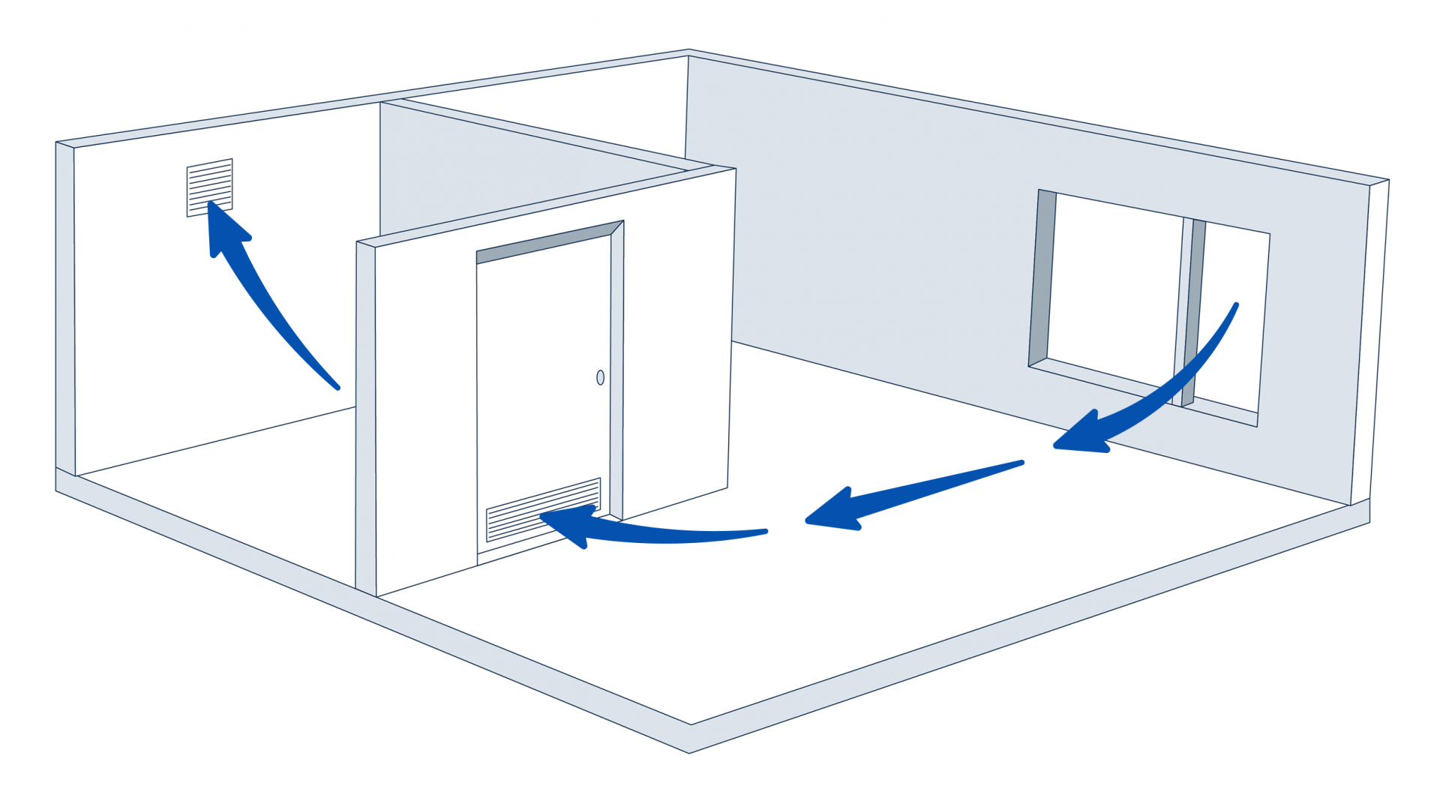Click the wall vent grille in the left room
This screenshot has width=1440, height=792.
tap(209, 187)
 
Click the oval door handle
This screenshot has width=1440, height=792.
tap(600, 377)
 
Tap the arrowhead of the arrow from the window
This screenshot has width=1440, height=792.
tap(1080, 436)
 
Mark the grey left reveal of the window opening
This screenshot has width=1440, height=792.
tap(1042, 277)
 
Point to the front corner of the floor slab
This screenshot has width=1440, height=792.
tap(690, 739)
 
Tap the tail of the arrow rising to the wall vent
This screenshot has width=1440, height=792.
tap(335, 385)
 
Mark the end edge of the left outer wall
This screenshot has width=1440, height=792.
tap(65, 307)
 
